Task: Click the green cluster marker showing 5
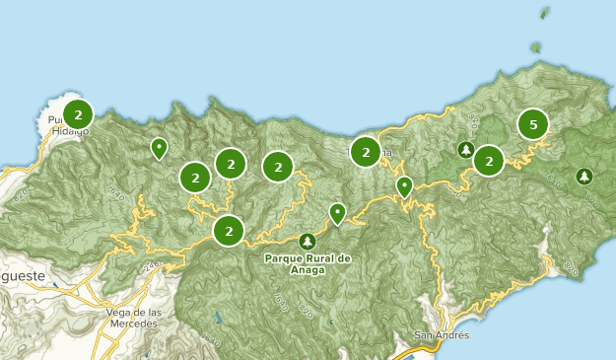pos(533,124)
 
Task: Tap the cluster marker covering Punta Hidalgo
pos(78,112)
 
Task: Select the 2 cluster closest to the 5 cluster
pos(489,160)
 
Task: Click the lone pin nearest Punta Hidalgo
pos(159,148)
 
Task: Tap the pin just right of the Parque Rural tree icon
pos(337,212)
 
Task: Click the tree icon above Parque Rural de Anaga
pos(308,241)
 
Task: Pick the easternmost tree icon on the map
pos(584,177)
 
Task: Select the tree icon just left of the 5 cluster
pos(465,150)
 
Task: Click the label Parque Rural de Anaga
pos(308,263)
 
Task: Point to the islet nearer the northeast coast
pos(535,45)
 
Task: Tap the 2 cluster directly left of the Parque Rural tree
pos(229,231)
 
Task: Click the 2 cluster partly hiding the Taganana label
pos(366,152)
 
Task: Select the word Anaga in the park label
pos(308,269)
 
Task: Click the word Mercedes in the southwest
pos(132,324)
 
